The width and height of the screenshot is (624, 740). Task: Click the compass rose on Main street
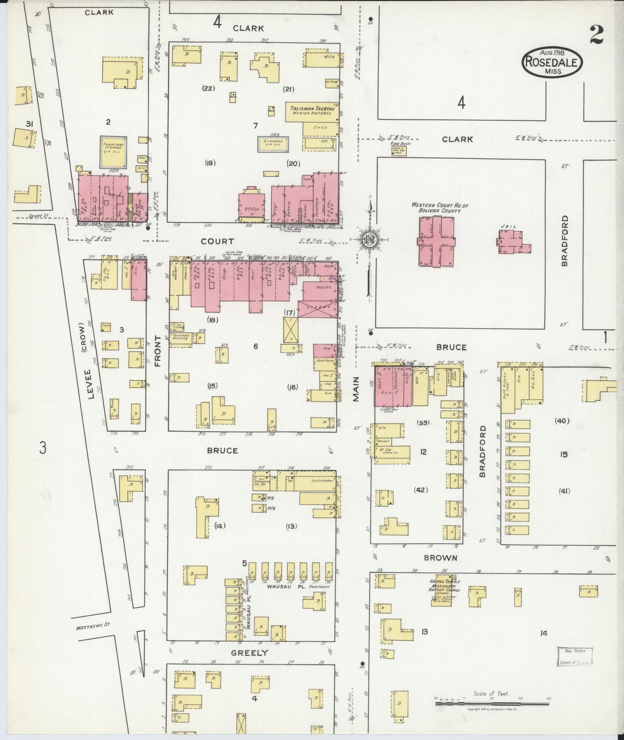point(370,239)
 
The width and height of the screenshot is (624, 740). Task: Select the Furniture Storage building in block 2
point(114,152)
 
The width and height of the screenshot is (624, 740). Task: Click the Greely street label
point(249,652)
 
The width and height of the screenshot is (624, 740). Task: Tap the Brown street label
point(440,558)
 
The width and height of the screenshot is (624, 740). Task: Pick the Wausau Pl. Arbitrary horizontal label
point(298,587)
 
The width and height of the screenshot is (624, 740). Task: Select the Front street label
point(157,351)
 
